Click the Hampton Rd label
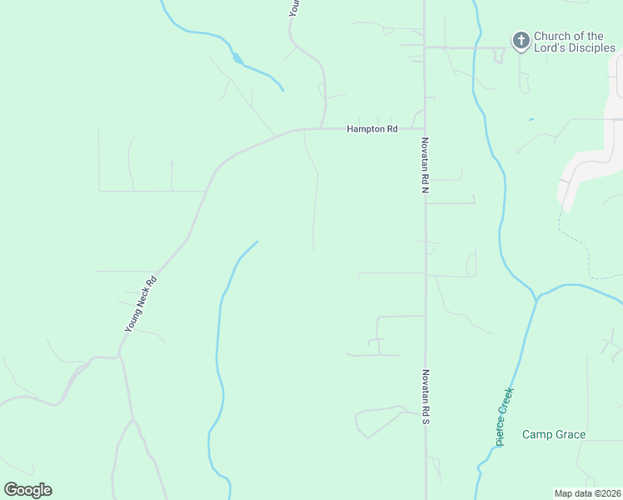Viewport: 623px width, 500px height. point(372,129)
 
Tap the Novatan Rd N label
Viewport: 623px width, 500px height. point(425,166)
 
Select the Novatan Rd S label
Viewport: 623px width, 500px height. point(425,397)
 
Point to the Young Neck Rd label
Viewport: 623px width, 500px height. point(141,305)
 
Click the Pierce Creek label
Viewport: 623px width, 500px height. point(505,417)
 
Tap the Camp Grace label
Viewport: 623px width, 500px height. point(554,435)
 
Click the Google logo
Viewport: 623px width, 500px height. point(28,490)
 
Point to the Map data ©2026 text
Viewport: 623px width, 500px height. point(588,493)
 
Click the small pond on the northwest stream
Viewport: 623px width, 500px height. point(239,59)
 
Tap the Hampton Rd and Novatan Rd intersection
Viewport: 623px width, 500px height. point(425,129)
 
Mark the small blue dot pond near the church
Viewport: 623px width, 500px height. point(531,120)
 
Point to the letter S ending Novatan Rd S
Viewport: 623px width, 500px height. point(425,422)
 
